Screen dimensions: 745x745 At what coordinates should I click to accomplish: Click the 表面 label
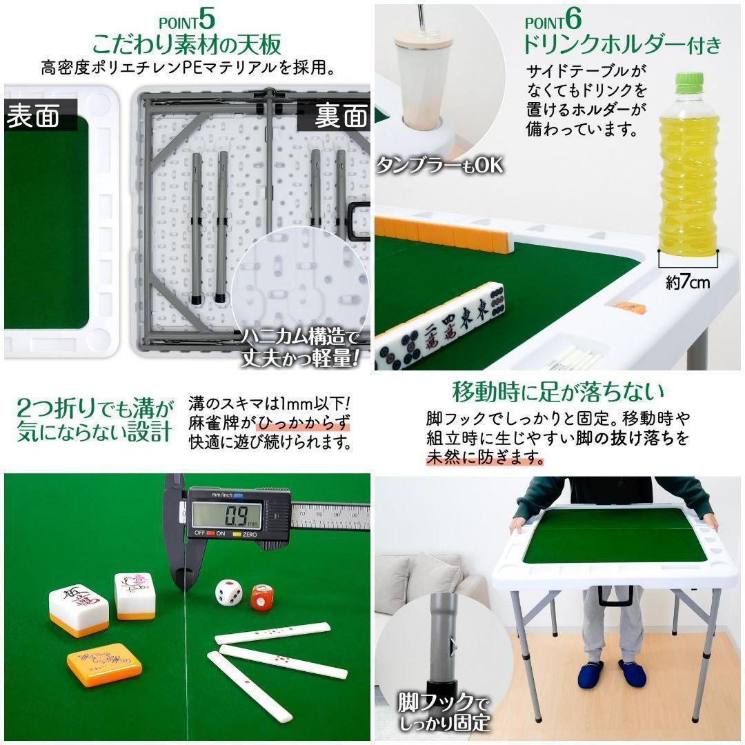tap(32, 116)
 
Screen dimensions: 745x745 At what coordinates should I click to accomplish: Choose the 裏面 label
tap(341, 116)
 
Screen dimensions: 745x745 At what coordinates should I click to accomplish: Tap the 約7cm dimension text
tap(687, 283)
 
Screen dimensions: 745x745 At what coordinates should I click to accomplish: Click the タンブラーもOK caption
tap(439, 166)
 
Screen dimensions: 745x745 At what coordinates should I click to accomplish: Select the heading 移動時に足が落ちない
tap(558, 393)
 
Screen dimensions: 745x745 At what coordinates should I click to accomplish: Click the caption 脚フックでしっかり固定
tap(444, 713)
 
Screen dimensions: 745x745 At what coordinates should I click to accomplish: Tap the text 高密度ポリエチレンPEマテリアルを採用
tap(188, 69)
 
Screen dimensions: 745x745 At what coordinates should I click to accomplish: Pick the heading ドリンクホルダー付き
tap(621, 46)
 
